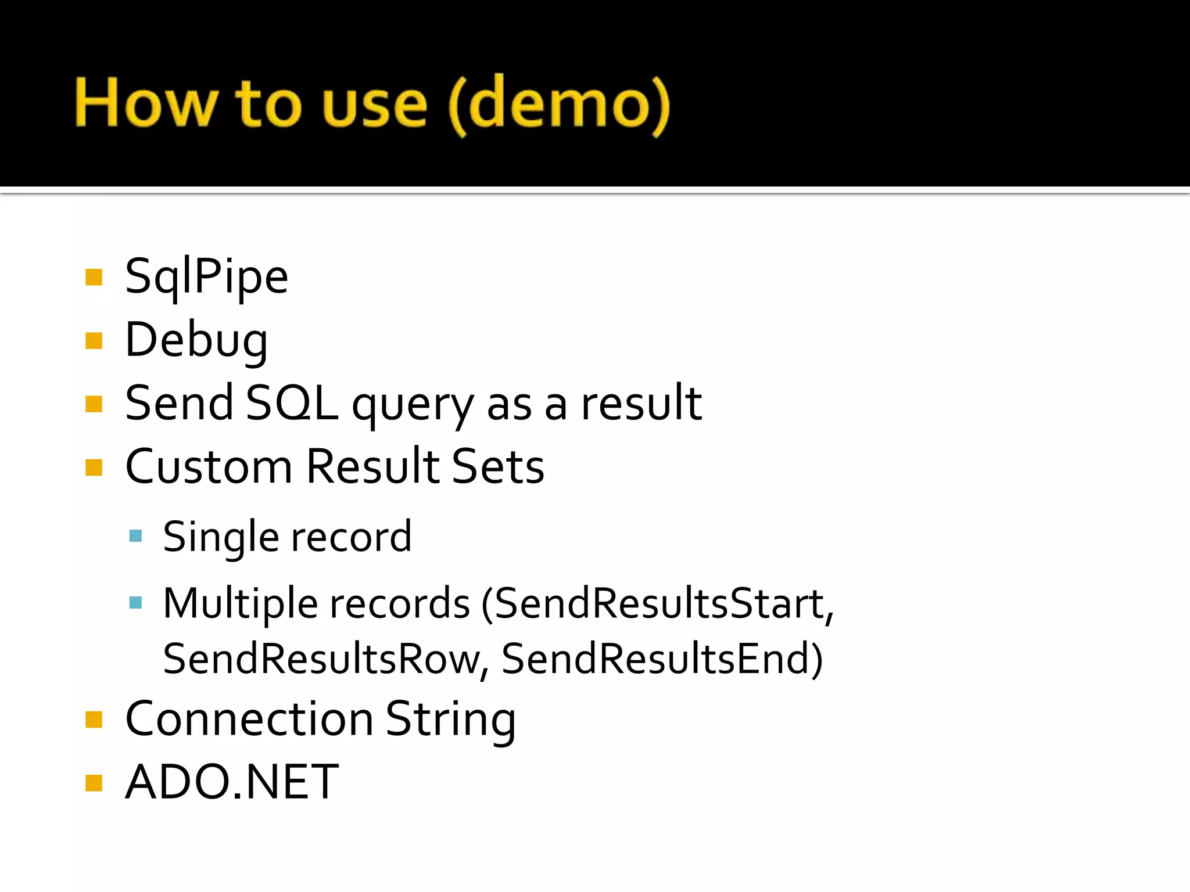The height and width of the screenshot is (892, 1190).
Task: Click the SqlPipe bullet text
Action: [206, 277]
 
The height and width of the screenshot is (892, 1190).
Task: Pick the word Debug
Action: [196, 340]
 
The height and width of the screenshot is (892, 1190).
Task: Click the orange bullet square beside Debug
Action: [94, 340]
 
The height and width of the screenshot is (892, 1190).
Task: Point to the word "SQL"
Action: [292, 403]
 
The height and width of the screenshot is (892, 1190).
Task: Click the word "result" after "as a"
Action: [641, 403]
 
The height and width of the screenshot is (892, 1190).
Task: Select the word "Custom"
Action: [209, 466]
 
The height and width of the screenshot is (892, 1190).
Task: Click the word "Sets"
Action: [498, 466]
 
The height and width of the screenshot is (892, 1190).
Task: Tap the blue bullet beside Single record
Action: [136, 536]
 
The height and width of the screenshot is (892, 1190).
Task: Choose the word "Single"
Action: [221, 537]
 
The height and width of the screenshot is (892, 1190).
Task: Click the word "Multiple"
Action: [241, 604]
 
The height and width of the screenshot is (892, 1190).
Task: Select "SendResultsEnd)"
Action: [662, 659]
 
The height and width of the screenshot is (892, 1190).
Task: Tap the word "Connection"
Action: [249, 720]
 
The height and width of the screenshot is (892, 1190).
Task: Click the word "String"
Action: [450, 721]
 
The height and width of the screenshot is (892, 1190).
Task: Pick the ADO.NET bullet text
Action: [232, 782]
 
